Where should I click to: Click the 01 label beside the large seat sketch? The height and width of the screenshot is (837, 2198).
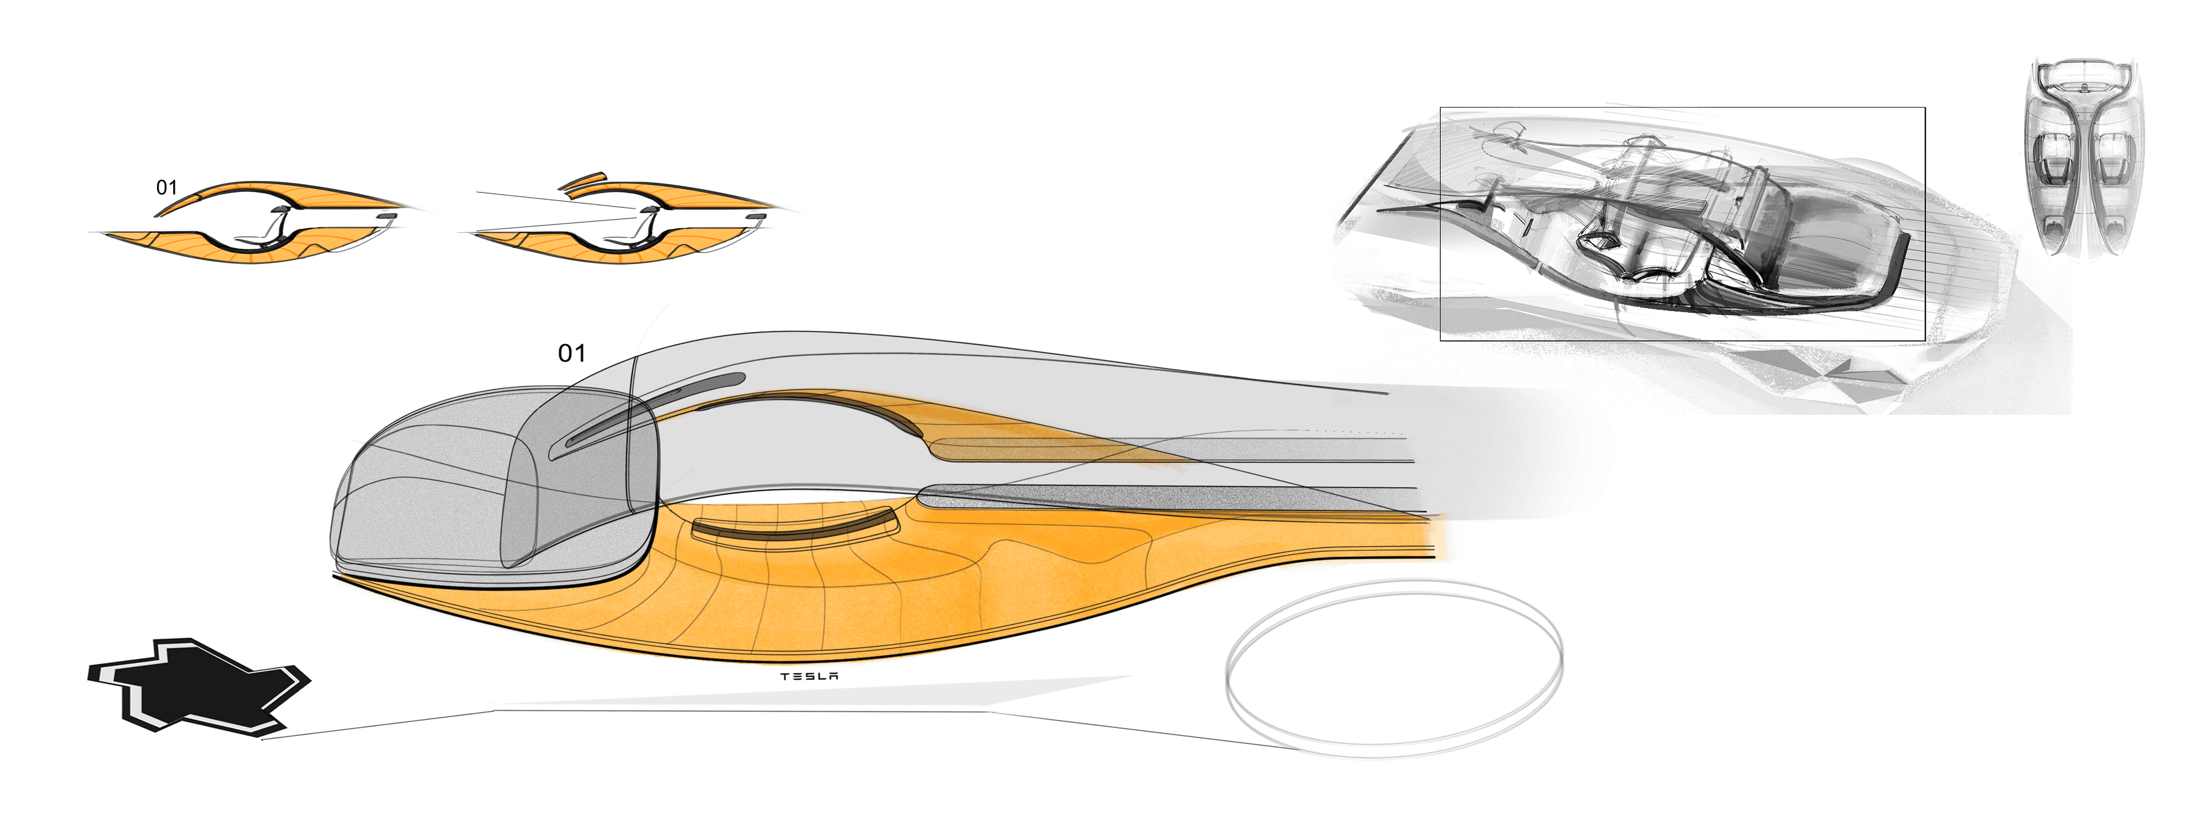(x=571, y=353)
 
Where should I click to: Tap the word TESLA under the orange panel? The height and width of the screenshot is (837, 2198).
(x=809, y=676)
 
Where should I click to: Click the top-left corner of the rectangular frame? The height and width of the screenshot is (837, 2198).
(x=1441, y=108)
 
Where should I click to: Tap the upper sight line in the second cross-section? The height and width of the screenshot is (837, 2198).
(x=555, y=200)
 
